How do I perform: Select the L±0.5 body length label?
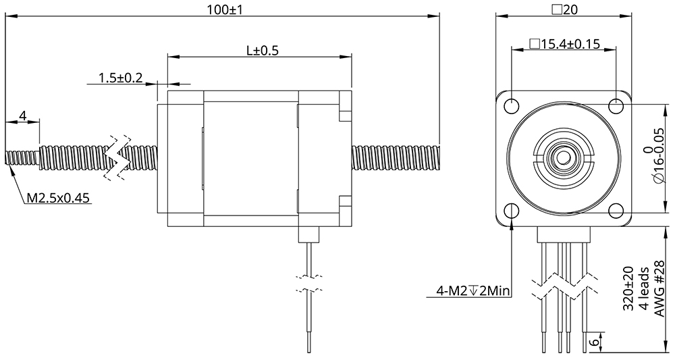coord(262,50)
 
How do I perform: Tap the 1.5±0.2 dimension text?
coord(120,78)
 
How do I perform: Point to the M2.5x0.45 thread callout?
coord(58,199)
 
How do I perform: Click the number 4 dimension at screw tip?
coord(22,116)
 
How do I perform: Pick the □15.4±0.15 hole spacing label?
coord(564,45)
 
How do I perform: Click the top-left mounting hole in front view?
coord(512,106)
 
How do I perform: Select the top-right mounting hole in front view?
coord(616,106)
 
